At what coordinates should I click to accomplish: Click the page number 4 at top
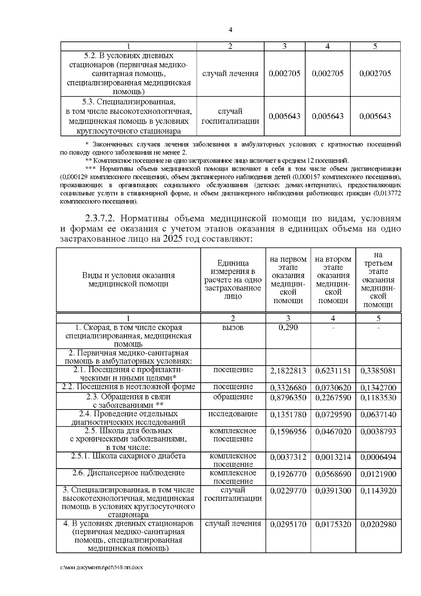coord(230,30)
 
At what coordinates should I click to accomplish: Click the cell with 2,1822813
coord(288,371)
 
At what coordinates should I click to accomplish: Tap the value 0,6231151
coord(333,371)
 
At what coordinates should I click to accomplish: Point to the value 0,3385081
coord(378,371)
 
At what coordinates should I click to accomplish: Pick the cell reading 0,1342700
coord(378,388)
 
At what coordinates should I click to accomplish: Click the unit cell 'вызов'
coord(233,327)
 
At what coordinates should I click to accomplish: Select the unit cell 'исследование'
coord(233,414)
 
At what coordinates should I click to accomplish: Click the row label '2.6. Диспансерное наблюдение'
coord(128,473)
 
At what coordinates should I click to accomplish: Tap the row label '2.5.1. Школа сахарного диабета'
coord(128,456)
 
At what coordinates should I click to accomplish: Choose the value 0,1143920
coord(378,491)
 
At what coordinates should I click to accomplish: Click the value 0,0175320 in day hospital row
coord(333,524)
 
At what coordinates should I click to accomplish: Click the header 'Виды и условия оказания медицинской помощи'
coord(128,280)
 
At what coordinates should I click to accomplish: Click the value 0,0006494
coord(378,457)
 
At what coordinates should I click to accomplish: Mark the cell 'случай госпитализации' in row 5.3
coord(230,116)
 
